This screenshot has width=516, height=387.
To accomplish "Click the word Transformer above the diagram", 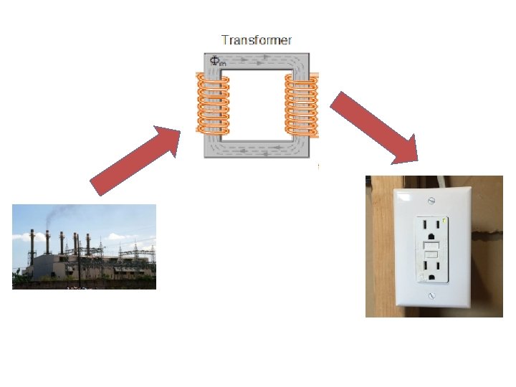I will pos(256,40).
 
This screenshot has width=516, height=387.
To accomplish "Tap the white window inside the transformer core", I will pos(256,105).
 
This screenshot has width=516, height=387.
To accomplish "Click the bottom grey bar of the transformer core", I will pos(257,149).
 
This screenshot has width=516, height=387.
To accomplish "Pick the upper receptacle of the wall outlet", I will pos(431,229).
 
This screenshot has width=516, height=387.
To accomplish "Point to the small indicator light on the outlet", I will pos(444,219).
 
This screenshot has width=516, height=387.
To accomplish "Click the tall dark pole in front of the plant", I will pos(78,258).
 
